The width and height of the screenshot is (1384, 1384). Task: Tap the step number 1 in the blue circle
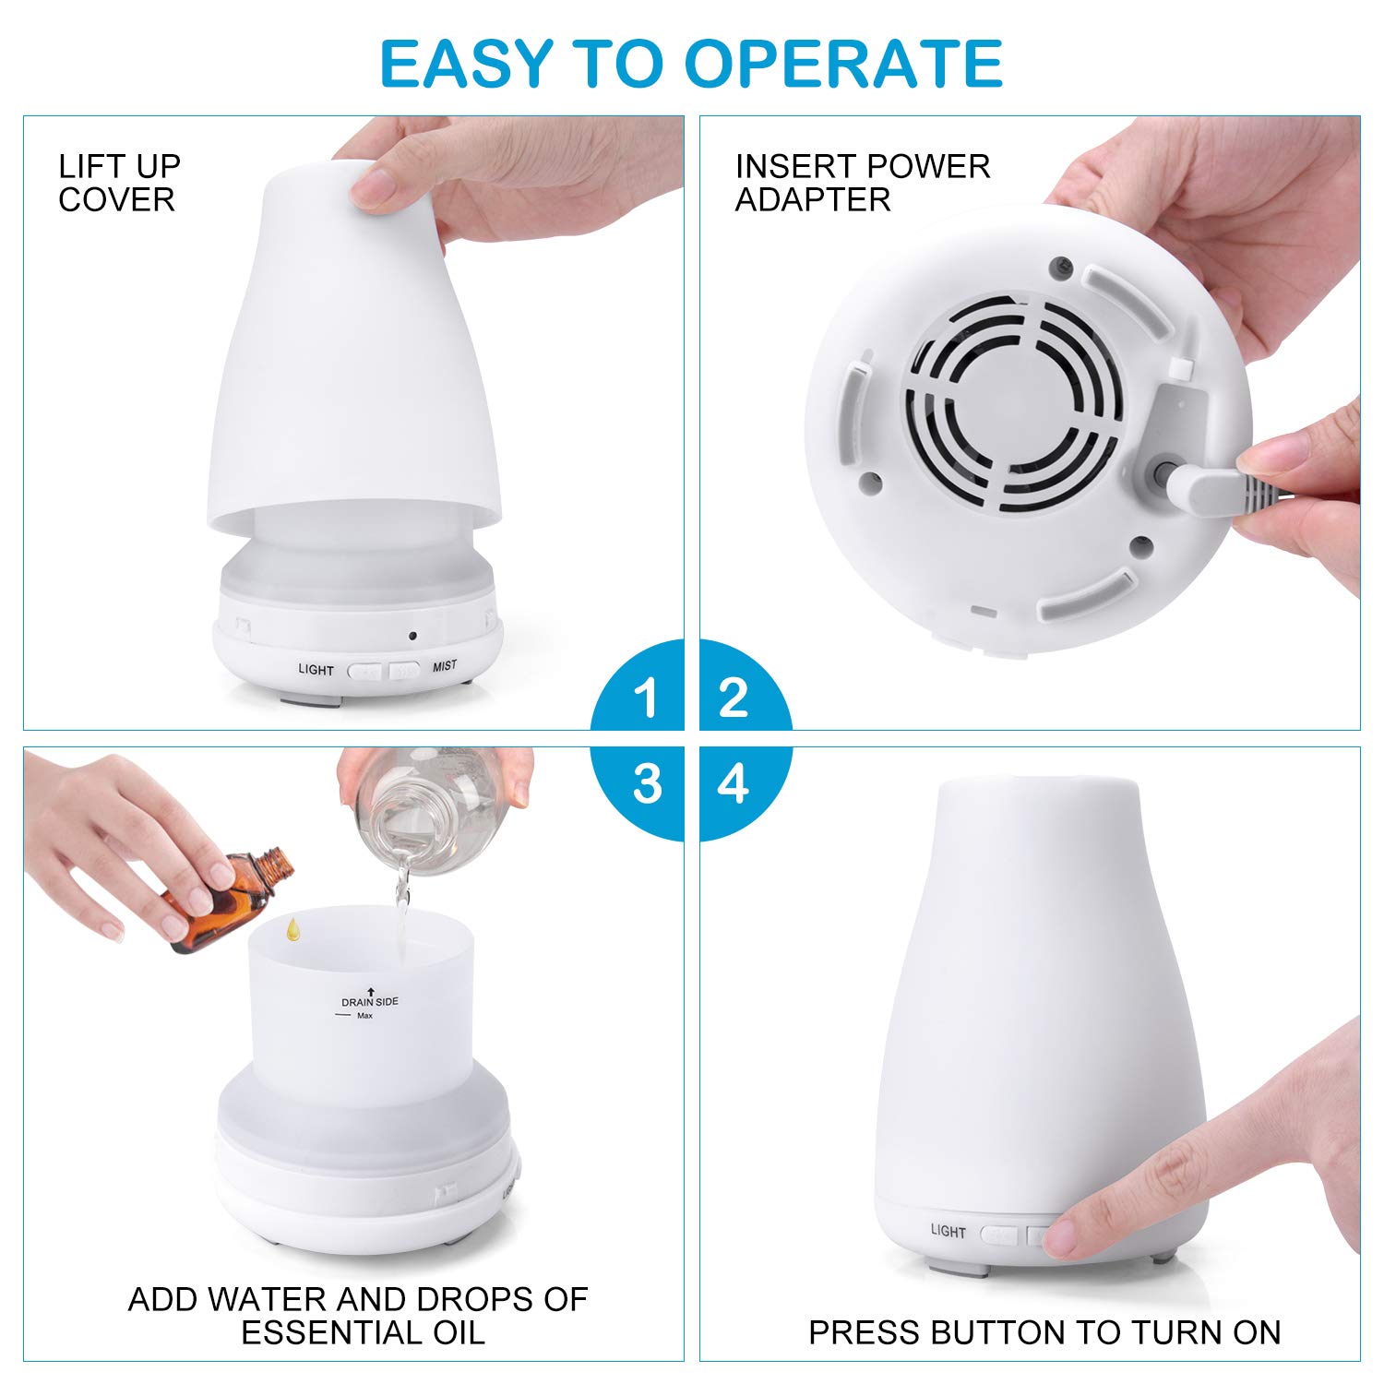pyautogui.click(x=646, y=698)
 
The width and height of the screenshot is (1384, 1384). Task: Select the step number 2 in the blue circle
pyautogui.click(x=733, y=698)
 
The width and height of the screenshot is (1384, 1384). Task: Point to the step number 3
pyautogui.click(x=647, y=784)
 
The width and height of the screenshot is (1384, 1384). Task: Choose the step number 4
pyautogui.click(x=733, y=784)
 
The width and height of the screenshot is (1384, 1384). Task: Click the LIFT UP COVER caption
pyautogui.click(x=118, y=184)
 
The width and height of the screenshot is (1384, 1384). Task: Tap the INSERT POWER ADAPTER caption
pyautogui.click(x=862, y=184)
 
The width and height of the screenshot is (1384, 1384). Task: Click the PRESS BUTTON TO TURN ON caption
pyautogui.click(x=1044, y=1332)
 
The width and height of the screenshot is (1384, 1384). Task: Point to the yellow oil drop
pyautogui.click(x=292, y=929)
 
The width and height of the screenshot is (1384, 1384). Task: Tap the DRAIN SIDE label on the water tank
pyautogui.click(x=369, y=1002)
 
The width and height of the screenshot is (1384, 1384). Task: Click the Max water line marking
pyautogui.click(x=364, y=1016)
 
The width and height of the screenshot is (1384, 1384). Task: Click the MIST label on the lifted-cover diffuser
pyautogui.click(x=445, y=666)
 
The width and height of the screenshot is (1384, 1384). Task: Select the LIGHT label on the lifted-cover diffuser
pyautogui.click(x=316, y=670)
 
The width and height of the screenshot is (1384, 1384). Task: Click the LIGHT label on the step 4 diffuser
pyautogui.click(x=948, y=1231)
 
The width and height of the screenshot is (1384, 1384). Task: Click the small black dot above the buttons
pyautogui.click(x=412, y=636)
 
